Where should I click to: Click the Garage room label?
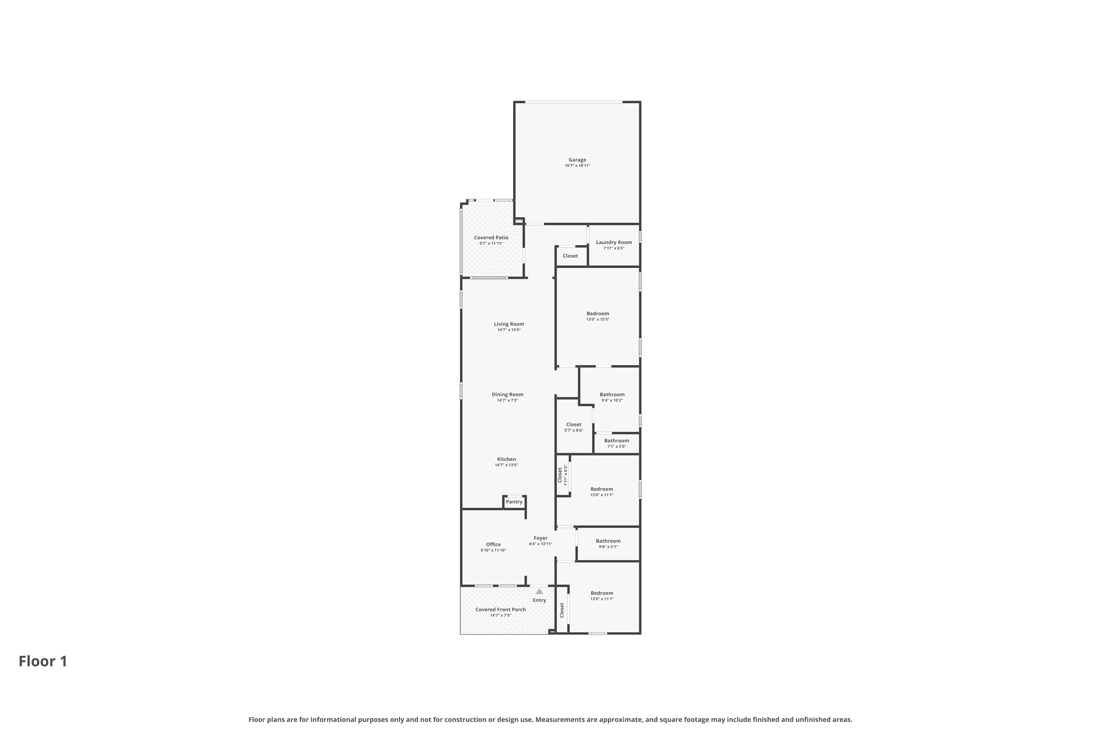577,160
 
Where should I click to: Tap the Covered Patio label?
491,238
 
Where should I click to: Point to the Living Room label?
509,324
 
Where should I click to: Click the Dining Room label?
508,395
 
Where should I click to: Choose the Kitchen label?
506,459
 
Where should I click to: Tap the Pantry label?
514,502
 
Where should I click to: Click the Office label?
493,544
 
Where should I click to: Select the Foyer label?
541,538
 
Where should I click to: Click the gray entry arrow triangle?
539,591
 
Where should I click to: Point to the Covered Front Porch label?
501,610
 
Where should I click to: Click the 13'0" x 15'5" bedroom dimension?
598,320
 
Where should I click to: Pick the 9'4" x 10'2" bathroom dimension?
612,401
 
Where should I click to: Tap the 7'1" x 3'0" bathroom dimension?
617,447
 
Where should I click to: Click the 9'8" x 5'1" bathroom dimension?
608,547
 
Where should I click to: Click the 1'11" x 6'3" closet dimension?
566,475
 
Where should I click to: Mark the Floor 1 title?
43,661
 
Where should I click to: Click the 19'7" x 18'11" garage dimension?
577,166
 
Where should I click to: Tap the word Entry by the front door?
539,600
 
